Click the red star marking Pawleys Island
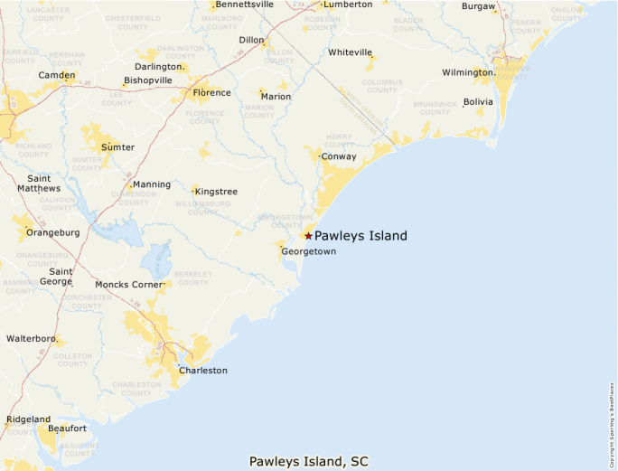click(308, 236)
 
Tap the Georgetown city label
click(308, 251)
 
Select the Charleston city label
click(203, 371)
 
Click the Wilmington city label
click(468, 72)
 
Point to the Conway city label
click(339, 156)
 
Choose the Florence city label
click(212, 92)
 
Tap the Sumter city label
click(117, 147)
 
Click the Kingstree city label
click(217, 192)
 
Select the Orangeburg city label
click(53, 232)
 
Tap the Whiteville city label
click(351, 52)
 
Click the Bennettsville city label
click(244, 5)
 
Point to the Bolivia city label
click(479, 102)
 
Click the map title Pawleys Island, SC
click(309, 462)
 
